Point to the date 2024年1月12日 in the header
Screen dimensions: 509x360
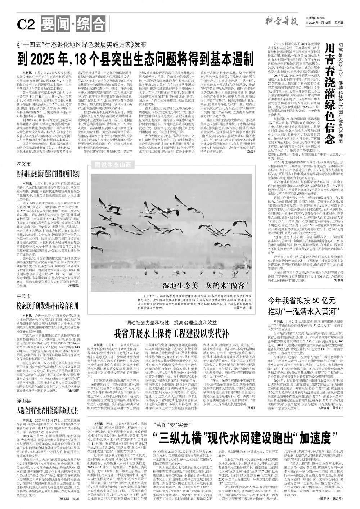pos(318,23)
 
